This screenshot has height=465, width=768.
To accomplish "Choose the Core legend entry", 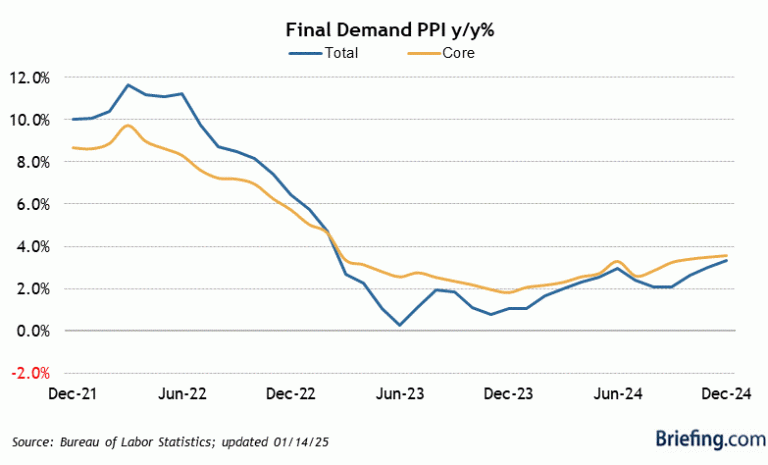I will coord(457,53).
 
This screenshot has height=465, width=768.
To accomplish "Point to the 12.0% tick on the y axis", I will coord(30,77).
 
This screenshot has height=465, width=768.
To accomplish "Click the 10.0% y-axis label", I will coord(30,120).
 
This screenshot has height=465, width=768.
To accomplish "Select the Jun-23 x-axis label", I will coord(399,393).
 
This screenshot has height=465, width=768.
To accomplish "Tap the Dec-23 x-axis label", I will coord(509,393).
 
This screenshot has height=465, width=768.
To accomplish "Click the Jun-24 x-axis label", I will coord(618,393).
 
